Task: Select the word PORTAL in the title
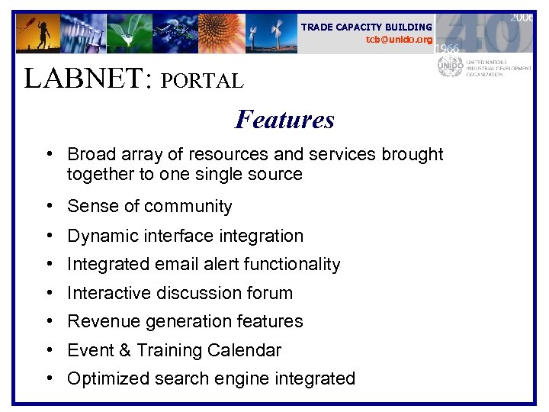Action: coord(201,81)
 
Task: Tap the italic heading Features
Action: coord(284,120)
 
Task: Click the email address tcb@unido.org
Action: coord(399,40)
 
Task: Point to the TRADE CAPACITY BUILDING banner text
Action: coord(366,27)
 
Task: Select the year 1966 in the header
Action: coord(448,48)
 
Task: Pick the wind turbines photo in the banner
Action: coord(270,34)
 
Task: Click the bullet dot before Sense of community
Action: coord(49,207)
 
